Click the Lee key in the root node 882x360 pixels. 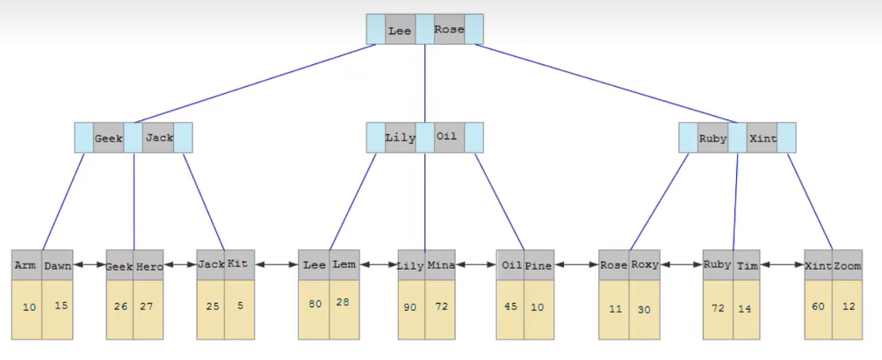click(400, 30)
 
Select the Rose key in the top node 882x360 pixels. click(449, 29)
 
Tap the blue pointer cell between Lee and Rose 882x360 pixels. click(424, 29)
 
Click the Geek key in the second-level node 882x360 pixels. click(109, 138)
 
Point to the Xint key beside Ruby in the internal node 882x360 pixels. click(763, 138)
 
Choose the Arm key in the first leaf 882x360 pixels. click(26, 265)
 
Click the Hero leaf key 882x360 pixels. click(148, 265)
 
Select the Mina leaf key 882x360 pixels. click(440, 265)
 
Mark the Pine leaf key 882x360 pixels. click(539, 265)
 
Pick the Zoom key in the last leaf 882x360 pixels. click(847, 265)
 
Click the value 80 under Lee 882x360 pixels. click(315, 304)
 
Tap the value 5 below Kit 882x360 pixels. click(240, 306)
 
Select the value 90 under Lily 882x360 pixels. click(410, 307)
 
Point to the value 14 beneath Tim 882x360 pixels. click(745, 308)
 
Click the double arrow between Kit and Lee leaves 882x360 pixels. click(276, 264)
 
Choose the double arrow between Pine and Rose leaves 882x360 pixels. click(576, 264)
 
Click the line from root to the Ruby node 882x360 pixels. click(606, 83)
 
